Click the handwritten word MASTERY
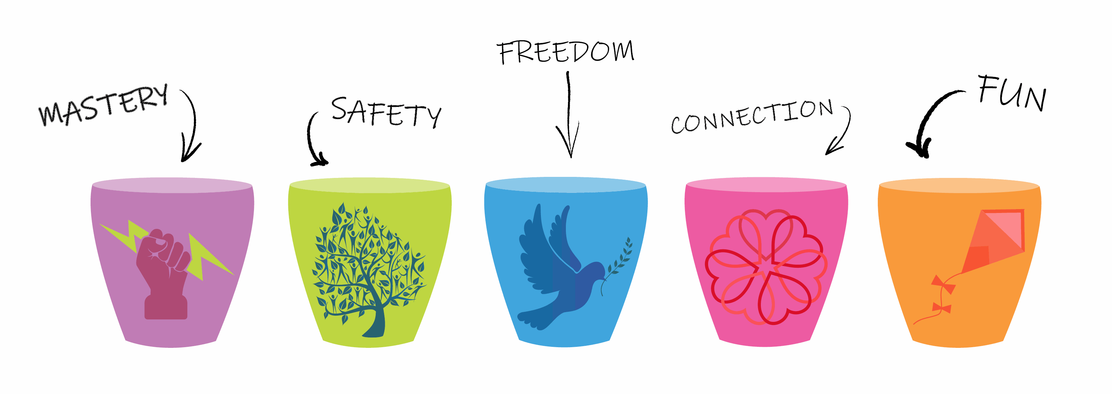pos(104,105)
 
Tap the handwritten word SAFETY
pos(387,112)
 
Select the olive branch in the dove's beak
pos(617,265)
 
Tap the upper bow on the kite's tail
pos(943,284)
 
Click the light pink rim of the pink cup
pos(766,185)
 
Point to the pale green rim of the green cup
pos(369,185)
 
